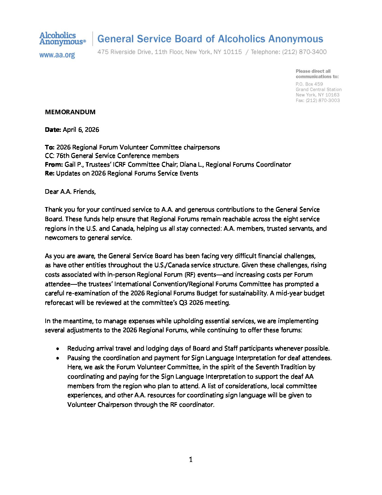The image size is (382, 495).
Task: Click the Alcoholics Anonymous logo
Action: point(62,39)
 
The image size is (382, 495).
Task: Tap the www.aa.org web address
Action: point(57,55)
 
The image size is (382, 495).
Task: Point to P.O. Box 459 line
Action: point(309,84)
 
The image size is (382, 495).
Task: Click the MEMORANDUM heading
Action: point(70,112)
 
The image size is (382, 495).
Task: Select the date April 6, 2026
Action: point(81,130)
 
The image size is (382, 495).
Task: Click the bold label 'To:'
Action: point(50,147)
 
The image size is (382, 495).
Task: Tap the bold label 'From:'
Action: point(54,165)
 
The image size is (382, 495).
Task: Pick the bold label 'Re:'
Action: point(50,173)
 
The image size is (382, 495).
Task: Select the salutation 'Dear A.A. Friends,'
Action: point(70,192)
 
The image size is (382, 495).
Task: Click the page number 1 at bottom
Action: point(191,459)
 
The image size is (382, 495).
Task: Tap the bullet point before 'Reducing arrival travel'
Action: point(58,349)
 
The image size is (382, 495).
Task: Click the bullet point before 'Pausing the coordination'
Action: point(58,358)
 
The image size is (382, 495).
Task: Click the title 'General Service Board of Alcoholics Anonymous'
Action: point(210,39)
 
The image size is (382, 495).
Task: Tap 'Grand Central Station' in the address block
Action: point(318,90)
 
